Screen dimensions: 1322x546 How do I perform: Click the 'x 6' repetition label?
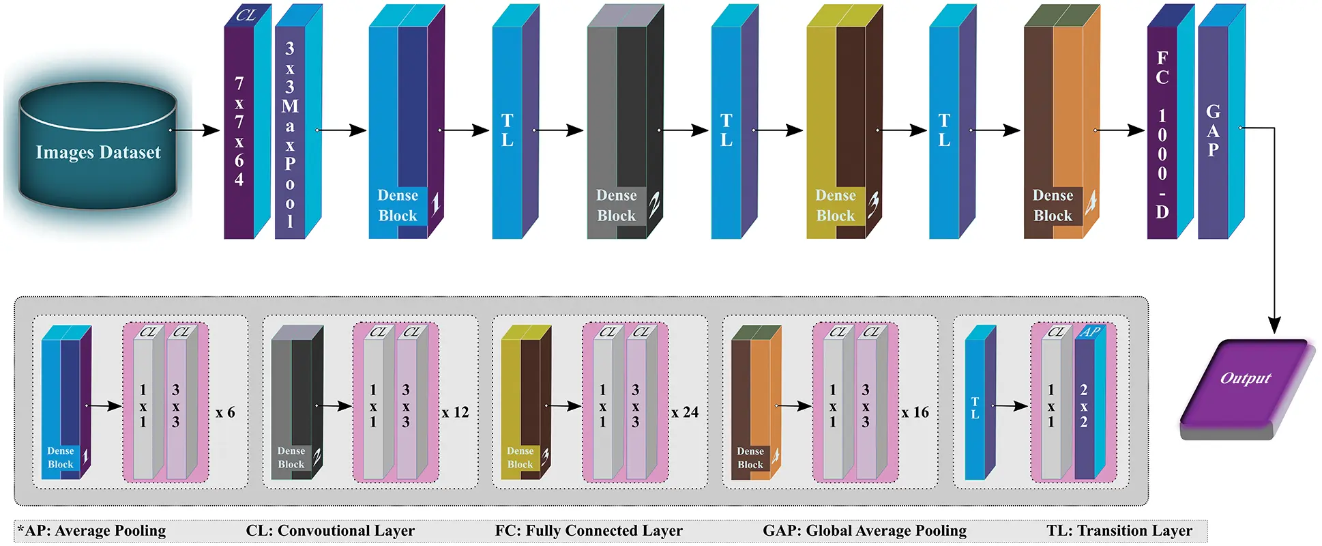point(225,413)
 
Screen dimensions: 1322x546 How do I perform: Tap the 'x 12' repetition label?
point(455,413)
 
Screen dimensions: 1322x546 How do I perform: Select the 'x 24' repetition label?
point(685,413)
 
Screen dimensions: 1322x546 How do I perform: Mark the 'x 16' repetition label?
point(915,413)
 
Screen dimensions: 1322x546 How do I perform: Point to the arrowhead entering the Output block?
point(1274,326)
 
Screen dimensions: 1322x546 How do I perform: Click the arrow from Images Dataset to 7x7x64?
point(195,130)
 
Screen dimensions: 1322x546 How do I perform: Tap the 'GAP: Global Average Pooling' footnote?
point(864,531)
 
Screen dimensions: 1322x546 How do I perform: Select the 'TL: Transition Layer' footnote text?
point(1119,531)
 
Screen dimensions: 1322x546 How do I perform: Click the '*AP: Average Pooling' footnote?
point(91,531)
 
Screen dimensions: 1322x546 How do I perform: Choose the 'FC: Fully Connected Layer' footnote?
point(589,531)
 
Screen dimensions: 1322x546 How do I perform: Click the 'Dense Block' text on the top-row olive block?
point(836,205)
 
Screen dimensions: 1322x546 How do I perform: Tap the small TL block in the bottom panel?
point(980,402)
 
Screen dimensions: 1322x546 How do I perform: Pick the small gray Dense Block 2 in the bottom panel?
point(297,402)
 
